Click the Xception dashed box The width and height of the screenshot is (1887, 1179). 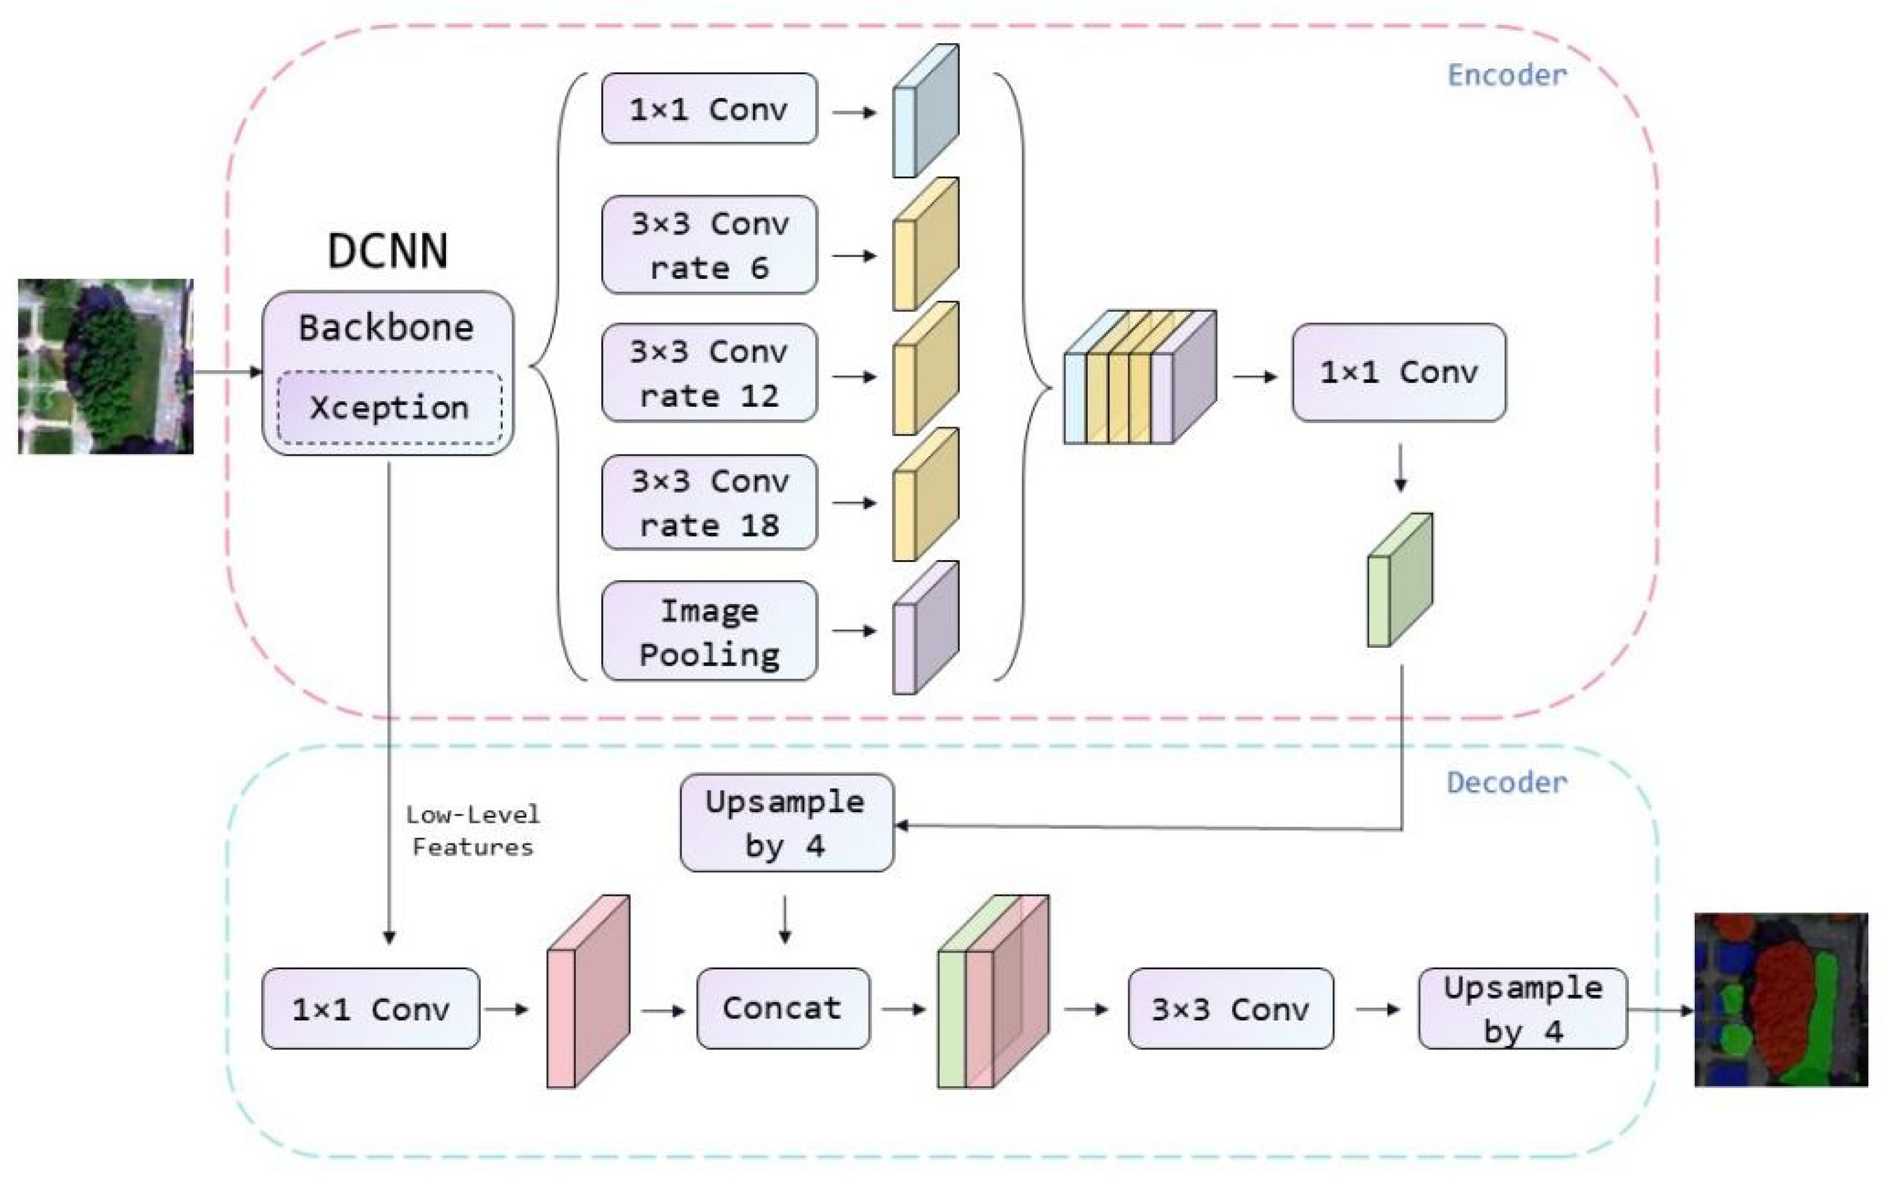click(x=390, y=408)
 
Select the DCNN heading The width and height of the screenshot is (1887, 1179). click(x=387, y=251)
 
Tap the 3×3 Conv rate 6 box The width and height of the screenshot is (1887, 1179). click(x=709, y=245)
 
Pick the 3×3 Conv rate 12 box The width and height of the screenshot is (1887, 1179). click(x=709, y=373)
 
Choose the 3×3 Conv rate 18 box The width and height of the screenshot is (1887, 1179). click(x=709, y=502)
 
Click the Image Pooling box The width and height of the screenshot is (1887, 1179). click(x=709, y=631)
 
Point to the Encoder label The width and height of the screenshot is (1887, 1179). click(x=1506, y=75)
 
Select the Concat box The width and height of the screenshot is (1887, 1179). click(x=783, y=1008)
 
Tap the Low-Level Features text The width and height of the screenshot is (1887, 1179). click(x=473, y=830)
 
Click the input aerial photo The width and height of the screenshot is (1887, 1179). click(x=106, y=366)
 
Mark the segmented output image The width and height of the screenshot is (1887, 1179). click(x=1781, y=1000)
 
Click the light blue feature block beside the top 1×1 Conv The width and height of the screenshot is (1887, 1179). click(x=926, y=111)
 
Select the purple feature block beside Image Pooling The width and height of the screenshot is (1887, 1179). click(x=926, y=627)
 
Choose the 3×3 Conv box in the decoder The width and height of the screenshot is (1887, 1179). click(x=1231, y=1008)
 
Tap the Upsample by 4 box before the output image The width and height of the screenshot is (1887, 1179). click(x=1522, y=1008)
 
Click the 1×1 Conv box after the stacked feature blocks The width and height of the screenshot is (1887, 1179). click(x=1399, y=373)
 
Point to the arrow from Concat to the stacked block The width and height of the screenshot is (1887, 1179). click(x=905, y=1010)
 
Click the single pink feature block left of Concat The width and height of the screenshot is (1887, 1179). click(x=588, y=991)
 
